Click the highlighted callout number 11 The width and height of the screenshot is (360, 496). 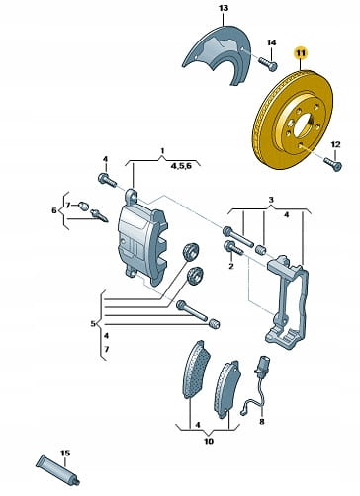click(x=301, y=53)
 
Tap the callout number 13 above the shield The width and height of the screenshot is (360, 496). click(x=224, y=8)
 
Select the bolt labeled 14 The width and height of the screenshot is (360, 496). click(x=267, y=64)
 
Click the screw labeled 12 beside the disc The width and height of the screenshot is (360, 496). click(x=333, y=164)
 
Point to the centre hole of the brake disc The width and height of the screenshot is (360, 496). click(x=302, y=125)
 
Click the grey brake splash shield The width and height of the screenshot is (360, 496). click(x=217, y=55)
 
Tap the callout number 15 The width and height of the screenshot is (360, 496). click(x=65, y=453)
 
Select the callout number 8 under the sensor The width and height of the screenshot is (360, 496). click(x=262, y=421)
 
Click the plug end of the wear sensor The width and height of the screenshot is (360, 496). click(x=263, y=365)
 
